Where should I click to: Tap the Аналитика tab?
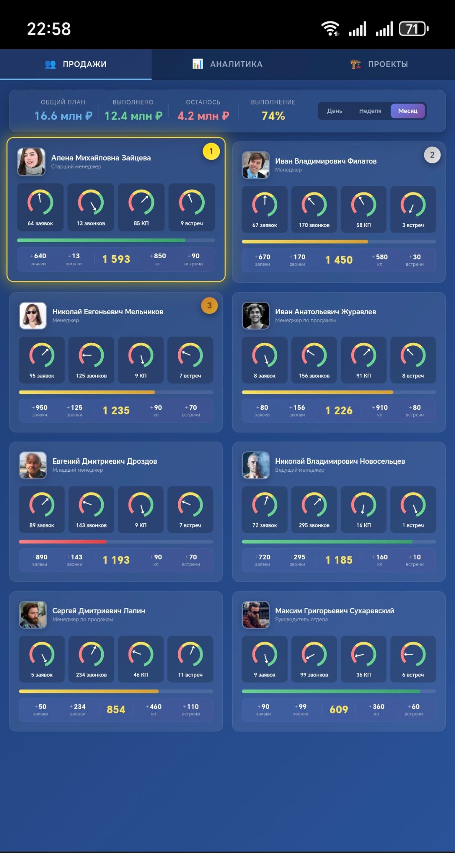tap(227, 64)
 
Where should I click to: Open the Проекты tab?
tap(379, 64)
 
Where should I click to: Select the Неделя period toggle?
tap(370, 111)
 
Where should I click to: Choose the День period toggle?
tap(335, 111)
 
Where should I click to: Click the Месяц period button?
tap(408, 111)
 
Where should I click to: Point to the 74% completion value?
tap(273, 116)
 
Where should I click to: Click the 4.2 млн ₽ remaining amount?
tap(203, 116)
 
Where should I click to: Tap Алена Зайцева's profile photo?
tap(31, 162)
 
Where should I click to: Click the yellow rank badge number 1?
tap(211, 151)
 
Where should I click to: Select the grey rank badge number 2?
tap(432, 155)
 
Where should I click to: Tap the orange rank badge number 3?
tap(209, 305)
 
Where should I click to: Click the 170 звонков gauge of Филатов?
tap(314, 209)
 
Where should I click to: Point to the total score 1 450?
tap(339, 260)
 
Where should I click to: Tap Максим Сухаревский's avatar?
tap(256, 615)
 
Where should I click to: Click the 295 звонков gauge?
tap(314, 509)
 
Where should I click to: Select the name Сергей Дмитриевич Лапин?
tap(99, 611)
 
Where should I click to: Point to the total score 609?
tap(339, 710)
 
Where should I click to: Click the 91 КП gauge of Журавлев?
tap(364, 360)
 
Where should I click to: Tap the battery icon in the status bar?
tap(414, 29)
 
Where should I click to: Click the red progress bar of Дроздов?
tap(63, 542)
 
